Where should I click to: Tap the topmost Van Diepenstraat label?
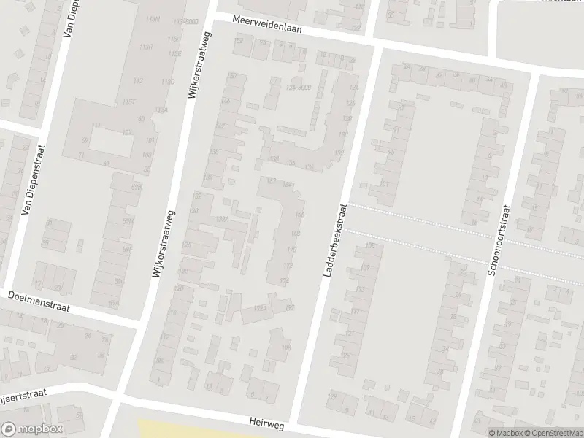pos(70,28)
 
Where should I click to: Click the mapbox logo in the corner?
pos(32,429)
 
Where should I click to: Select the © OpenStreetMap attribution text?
pos(552,433)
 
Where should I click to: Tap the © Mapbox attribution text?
pos(504,433)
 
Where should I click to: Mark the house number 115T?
pos(130,102)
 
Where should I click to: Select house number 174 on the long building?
pos(285,280)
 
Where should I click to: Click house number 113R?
pos(145,47)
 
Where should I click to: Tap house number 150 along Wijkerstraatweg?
pos(232,76)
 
